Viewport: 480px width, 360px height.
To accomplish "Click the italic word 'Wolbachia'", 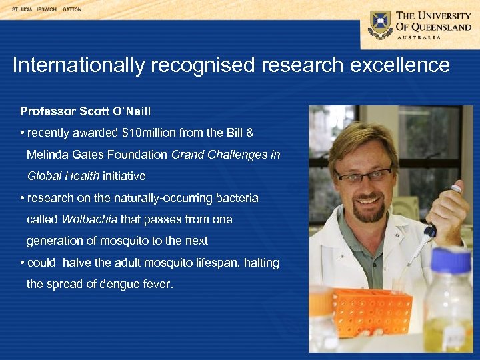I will click(x=89, y=219).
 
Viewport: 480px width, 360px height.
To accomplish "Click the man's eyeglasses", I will click(x=363, y=175).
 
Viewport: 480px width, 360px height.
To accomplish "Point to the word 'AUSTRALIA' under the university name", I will click(x=419, y=37).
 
